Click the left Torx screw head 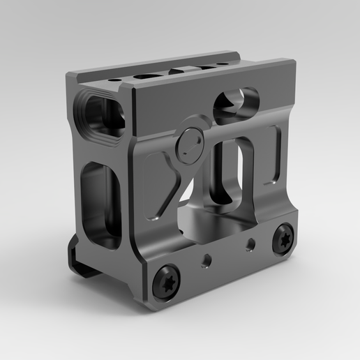pos(168,283)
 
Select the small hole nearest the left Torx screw pos(204,260)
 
